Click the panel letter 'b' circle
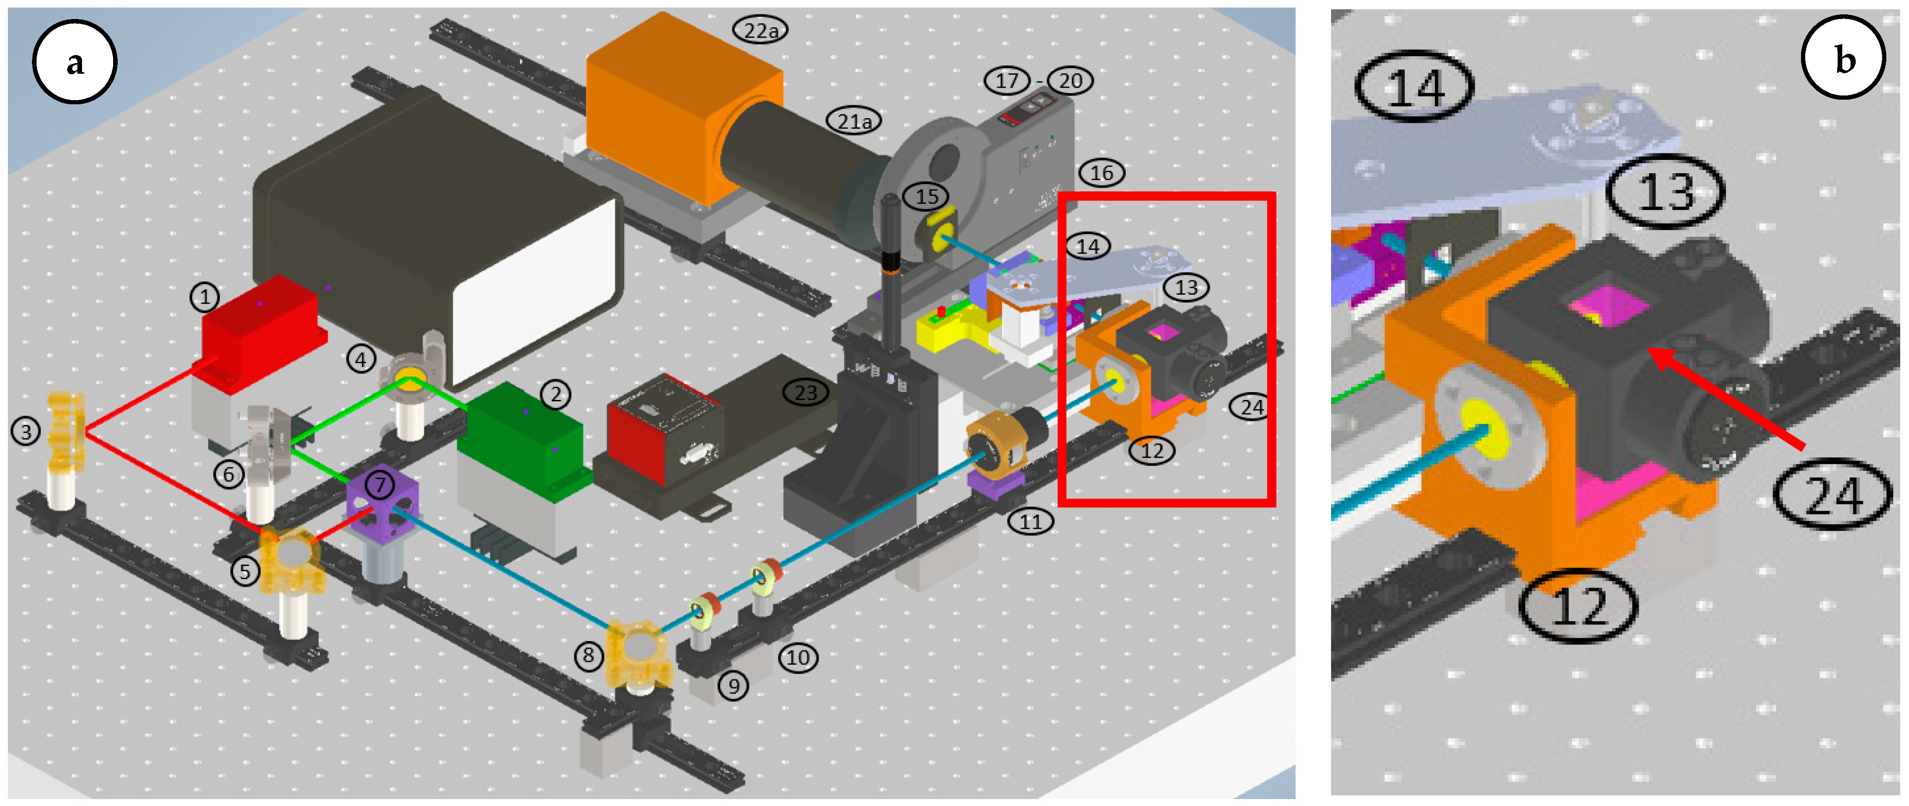click(1843, 58)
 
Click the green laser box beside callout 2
click(522, 437)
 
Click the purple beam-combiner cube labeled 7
click(381, 504)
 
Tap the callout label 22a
click(761, 31)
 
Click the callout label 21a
click(854, 121)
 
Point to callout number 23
click(805, 393)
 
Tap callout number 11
click(1031, 521)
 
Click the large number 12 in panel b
click(1579, 606)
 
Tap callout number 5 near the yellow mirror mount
click(245, 571)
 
